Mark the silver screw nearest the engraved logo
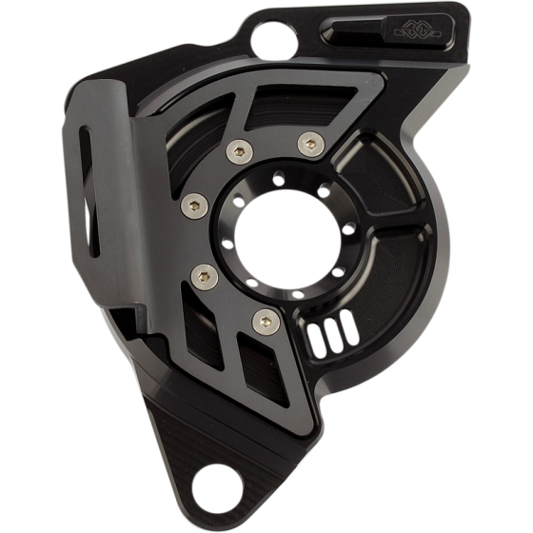306,145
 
